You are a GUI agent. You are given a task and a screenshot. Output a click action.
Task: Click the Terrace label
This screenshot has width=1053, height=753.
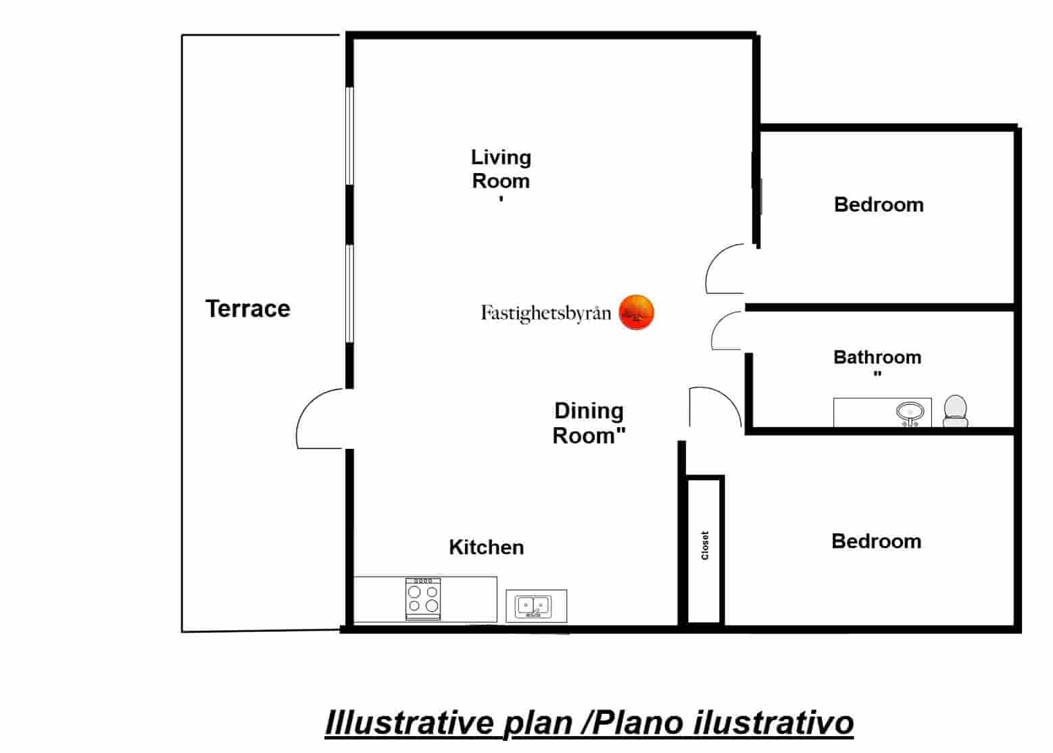pos(248,309)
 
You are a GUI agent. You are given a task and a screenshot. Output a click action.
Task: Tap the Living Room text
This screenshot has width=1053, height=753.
pos(501,170)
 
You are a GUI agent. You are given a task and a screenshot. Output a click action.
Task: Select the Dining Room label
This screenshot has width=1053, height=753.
pos(588,423)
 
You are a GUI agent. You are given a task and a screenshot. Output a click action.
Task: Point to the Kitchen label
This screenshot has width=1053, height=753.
pos(486,547)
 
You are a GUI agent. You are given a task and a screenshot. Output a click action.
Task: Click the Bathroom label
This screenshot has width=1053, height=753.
pos(877,357)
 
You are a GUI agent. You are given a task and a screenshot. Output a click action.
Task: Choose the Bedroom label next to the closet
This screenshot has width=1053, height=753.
pos(876,541)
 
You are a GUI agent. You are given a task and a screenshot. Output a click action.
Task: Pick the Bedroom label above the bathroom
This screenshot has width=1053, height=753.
pos(878,204)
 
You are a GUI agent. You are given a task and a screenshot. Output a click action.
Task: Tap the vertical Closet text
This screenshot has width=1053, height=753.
pos(705,545)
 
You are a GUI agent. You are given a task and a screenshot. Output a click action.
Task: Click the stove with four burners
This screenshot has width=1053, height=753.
pos(423,598)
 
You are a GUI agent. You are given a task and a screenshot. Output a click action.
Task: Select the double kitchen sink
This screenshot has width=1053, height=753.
pos(534,606)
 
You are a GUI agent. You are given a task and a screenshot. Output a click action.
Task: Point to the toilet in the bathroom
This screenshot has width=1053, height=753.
pos(955,411)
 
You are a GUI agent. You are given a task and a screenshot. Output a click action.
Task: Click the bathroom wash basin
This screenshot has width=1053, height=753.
pos(910,413)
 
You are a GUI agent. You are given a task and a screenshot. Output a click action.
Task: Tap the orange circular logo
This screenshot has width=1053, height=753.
pos(636,312)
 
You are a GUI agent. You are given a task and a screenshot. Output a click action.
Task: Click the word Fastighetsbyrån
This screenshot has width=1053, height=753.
pos(545,313)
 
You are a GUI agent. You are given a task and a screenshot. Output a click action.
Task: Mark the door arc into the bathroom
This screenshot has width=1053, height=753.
pos(727,331)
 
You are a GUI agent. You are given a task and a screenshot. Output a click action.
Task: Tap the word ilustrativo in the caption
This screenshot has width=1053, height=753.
pos(773,723)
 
